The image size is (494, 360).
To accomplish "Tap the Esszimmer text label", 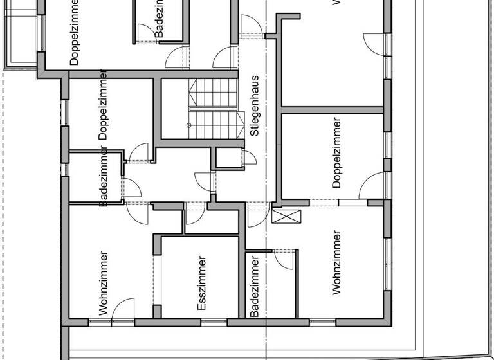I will (x=202, y=284).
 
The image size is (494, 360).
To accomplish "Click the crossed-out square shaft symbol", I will (x=286, y=215).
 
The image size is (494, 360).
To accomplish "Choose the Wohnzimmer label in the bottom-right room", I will (x=336, y=262).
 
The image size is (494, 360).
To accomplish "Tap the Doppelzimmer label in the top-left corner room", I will (x=74, y=32).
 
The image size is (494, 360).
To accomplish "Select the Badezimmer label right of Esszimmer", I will (x=255, y=287).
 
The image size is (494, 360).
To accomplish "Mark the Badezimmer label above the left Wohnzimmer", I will (x=104, y=177).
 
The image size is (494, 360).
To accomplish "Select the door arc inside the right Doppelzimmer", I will (x=372, y=186).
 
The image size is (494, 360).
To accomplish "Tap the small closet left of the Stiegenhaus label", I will (x=226, y=158).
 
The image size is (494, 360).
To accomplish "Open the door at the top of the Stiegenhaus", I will (x=250, y=26).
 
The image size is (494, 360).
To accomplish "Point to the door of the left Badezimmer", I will (x=131, y=188).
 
